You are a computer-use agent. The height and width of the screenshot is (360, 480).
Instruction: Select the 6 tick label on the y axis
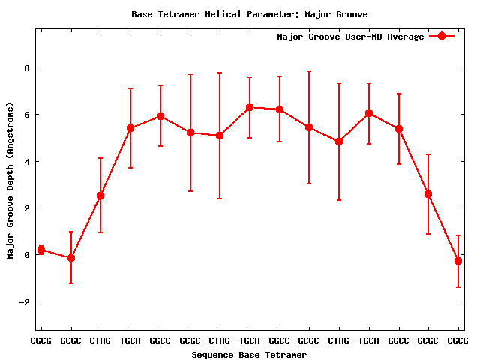26,115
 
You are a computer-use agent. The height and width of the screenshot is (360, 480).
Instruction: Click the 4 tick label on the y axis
26,162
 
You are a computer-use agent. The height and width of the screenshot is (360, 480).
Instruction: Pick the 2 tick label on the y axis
26,208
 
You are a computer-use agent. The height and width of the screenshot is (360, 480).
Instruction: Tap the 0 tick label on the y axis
26,255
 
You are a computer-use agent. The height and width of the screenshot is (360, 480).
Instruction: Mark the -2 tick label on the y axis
23,302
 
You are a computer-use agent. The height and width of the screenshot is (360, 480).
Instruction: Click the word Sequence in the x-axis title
212,355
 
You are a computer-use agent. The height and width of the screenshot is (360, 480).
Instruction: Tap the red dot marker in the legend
442,37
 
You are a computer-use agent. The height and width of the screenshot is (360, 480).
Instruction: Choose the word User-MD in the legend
362,37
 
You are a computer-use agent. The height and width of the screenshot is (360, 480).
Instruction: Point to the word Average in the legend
405,37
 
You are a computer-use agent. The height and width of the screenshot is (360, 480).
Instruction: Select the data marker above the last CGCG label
458,261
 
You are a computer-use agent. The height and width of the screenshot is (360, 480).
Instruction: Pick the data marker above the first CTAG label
100,196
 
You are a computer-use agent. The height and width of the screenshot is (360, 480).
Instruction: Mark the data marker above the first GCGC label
71,258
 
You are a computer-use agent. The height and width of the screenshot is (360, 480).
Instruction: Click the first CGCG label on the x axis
41,341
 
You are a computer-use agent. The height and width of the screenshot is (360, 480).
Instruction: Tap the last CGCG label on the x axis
458,341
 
